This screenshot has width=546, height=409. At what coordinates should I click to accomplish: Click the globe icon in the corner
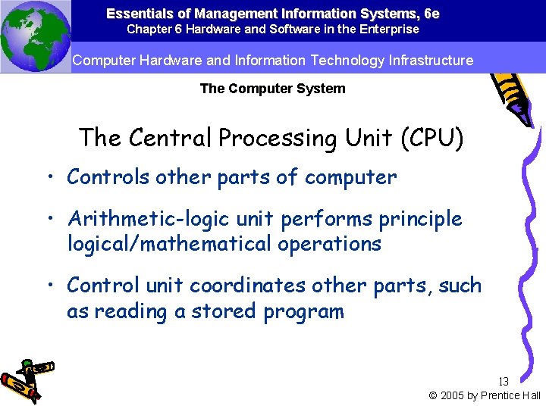click(35, 36)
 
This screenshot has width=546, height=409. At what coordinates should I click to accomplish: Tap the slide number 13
click(504, 382)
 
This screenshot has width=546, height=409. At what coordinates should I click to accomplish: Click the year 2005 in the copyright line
click(453, 395)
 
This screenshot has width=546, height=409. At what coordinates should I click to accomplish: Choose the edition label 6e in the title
click(431, 14)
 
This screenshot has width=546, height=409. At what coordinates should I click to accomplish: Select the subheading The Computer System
click(272, 89)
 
